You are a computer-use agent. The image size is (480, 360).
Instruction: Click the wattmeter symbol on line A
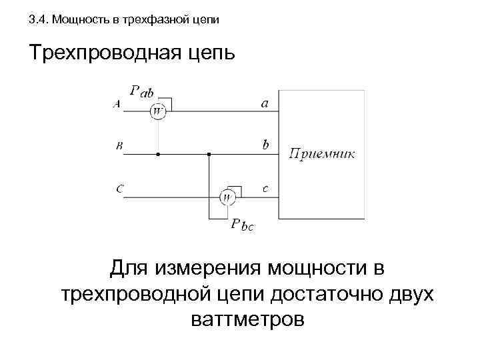click(x=158, y=111)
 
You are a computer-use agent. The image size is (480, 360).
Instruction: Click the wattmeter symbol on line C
click(x=227, y=197)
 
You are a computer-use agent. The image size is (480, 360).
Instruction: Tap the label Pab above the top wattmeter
click(x=143, y=92)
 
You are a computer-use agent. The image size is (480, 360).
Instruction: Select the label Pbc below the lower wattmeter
click(x=242, y=225)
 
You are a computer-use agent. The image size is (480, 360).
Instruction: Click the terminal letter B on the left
click(x=119, y=146)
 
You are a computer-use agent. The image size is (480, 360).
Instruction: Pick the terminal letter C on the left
click(x=119, y=189)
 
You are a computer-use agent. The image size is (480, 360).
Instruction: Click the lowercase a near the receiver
click(x=265, y=103)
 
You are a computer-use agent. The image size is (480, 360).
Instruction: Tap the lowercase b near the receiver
click(x=265, y=144)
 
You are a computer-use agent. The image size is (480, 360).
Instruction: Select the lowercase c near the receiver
click(x=265, y=189)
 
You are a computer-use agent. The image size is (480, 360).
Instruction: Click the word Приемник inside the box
click(x=322, y=154)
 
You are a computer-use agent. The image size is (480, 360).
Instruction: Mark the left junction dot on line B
click(x=158, y=154)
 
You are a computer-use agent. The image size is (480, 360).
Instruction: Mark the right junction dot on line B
click(x=209, y=154)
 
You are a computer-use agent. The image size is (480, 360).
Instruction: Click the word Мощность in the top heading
click(x=76, y=20)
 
